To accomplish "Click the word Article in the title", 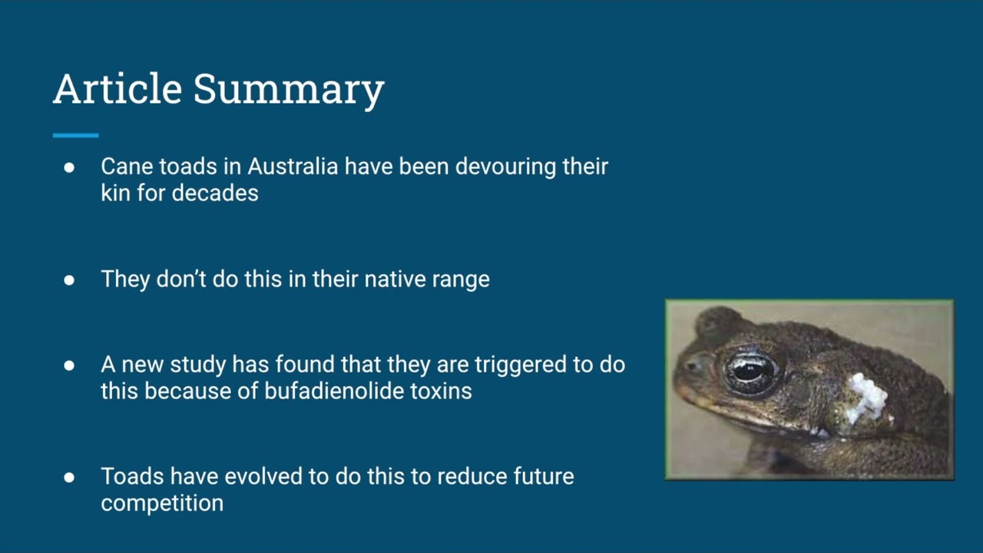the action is [117, 89].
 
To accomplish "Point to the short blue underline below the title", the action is [75, 136].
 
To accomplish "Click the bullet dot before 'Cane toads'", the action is [69, 167].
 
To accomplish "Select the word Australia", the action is [293, 167].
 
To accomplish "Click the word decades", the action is [215, 193].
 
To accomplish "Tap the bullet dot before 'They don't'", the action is [69, 280].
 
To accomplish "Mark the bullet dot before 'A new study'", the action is [69, 366].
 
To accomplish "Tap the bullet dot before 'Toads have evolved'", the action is [69, 478].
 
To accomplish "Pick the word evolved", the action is [263, 477].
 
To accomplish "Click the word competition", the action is [162, 504].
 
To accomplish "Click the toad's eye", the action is [751, 371].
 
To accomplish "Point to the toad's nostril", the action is [692, 365].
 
